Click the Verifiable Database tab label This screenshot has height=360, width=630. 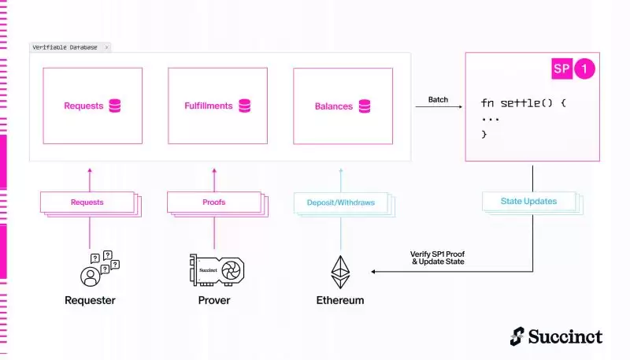65,47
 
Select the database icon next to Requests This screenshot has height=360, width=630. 115,105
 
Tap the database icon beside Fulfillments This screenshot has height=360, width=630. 244,105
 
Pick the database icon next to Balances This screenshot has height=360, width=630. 365,105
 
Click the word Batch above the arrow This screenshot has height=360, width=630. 439,100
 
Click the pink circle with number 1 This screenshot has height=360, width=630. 584,69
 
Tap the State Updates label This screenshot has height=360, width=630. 528,202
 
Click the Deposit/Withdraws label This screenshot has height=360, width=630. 341,202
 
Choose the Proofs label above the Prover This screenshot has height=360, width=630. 214,202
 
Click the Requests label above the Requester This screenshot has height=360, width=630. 87,202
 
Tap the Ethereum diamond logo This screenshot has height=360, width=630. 341,272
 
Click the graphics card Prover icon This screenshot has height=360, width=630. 216,269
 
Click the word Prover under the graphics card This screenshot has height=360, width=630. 214,300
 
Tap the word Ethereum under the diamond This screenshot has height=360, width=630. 340,300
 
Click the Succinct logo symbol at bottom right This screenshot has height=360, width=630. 518,336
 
